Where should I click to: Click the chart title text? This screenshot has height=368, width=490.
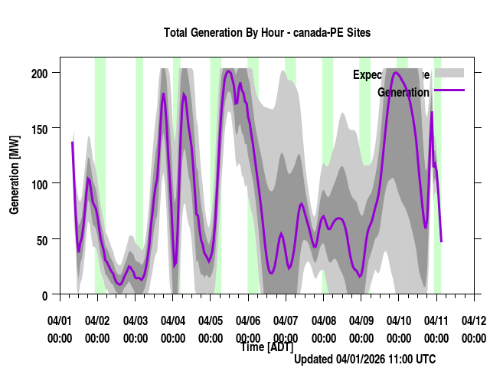pos(266,33)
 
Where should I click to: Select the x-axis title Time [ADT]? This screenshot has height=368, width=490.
pos(266,347)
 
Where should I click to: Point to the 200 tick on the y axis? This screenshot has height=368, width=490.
pos(39,73)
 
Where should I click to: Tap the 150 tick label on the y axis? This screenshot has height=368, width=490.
pos(39,128)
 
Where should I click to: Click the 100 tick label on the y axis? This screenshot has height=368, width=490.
pos(39,184)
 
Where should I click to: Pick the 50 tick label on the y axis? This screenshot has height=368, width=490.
pos(42,239)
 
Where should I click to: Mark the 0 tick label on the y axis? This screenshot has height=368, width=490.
pos(45,295)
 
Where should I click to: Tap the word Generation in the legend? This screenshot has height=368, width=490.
pos(403,93)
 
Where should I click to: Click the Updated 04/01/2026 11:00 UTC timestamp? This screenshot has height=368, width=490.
pos(365,359)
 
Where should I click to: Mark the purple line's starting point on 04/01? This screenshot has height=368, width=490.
pos(72,143)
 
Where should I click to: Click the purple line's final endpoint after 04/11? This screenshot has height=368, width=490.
pos(442,242)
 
